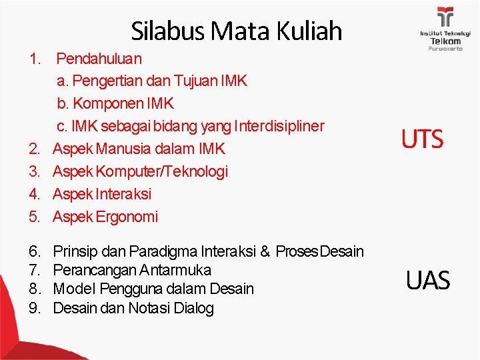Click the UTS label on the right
pos(421,139)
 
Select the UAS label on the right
pos(427,281)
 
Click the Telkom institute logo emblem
pos(445,17)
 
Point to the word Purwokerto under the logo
pos(445,49)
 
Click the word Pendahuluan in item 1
pos(99,59)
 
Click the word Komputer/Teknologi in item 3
pos(162,171)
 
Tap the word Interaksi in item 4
pos(123,194)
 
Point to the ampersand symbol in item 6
pos(265,251)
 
